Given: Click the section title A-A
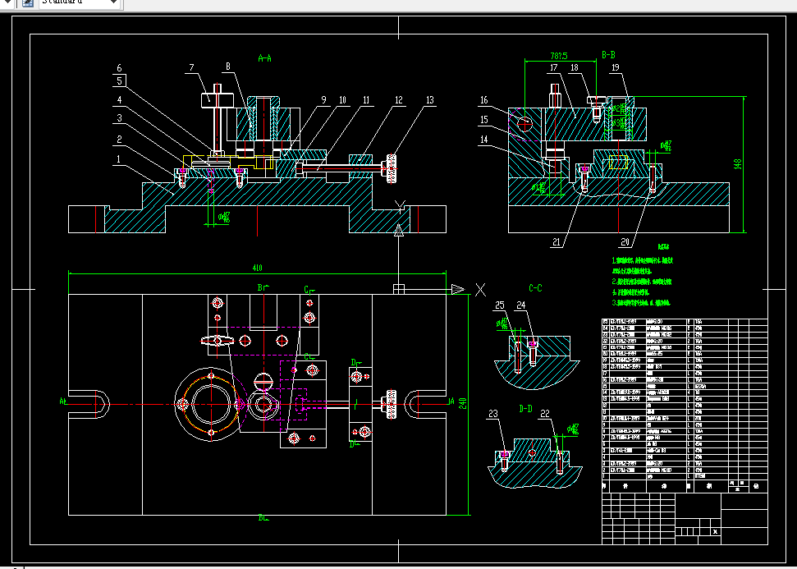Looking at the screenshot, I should (264, 58).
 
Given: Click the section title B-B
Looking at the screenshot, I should (609, 55).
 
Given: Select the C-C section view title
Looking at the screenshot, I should (535, 288).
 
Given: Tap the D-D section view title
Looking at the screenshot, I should (526, 407).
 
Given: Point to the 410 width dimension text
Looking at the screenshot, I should (257, 268).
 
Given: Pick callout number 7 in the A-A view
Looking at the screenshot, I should (191, 67).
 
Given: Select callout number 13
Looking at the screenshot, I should (429, 100).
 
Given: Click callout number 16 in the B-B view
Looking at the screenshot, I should (484, 100).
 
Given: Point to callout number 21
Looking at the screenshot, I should (557, 242).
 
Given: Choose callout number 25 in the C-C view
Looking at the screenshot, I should (500, 305).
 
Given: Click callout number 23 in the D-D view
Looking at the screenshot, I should (492, 415).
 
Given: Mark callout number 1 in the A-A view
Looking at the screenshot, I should (119, 158).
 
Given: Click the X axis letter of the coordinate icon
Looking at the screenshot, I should (482, 289).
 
